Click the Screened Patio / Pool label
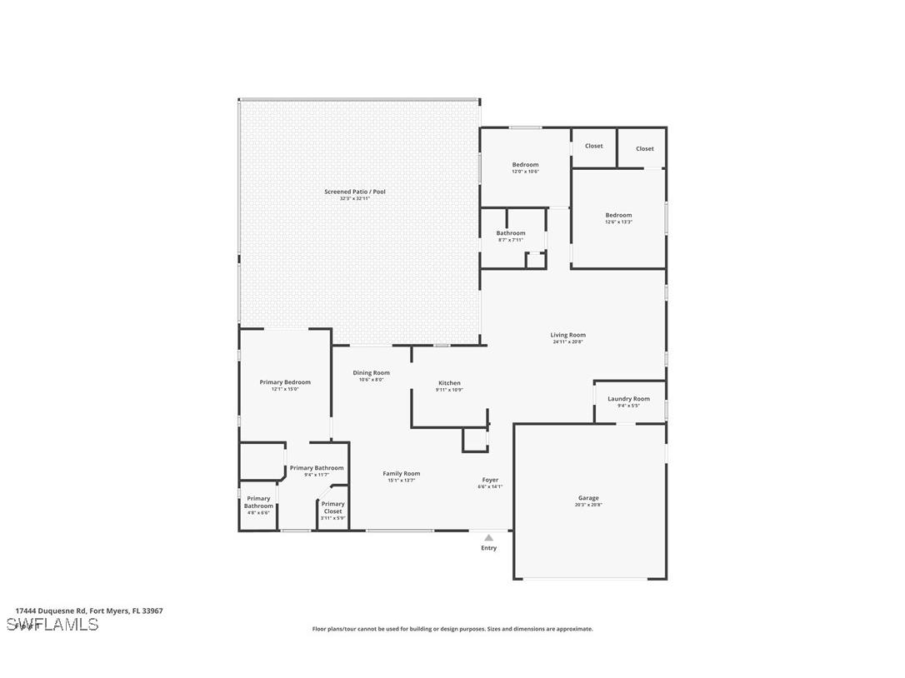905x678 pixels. pyautogui.click(x=355, y=192)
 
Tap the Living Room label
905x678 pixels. pyautogui.click(x=567, y=335)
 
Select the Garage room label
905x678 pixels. pyautogui.click(x=588, y=498)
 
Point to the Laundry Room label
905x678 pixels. pyautogui.click(x=628, y=399)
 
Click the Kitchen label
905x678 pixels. pyautogui.click(x=449, y=383)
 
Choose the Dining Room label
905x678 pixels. pyautogui.click(x=371, y=373)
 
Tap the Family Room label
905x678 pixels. pyautogui.click(x=402, y=473)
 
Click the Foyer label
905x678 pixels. pyautogui.click(x=490, y=480)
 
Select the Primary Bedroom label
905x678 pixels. pyautogui.click(x=285, y=382)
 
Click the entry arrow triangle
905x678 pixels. pyautogui.click(x=489, y=538)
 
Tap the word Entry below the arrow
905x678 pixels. pyautogui.click(x=489, y=548)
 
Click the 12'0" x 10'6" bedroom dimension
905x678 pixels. pyautogui.click(x=525, y=172)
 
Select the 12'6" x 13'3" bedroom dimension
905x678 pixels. pyautogui.click(x=618, y=222)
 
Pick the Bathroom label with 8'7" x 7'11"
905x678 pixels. pyautogui.click(x=511, y=233)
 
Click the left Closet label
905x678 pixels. pyautogui.click(x=593, y=146)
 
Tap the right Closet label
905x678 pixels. pyautogui.click(x=645, y=149)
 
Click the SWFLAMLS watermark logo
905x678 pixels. pyautogui.click(x=52, y=625)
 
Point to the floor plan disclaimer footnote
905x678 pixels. pyautogui.click(x=452, y=629)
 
